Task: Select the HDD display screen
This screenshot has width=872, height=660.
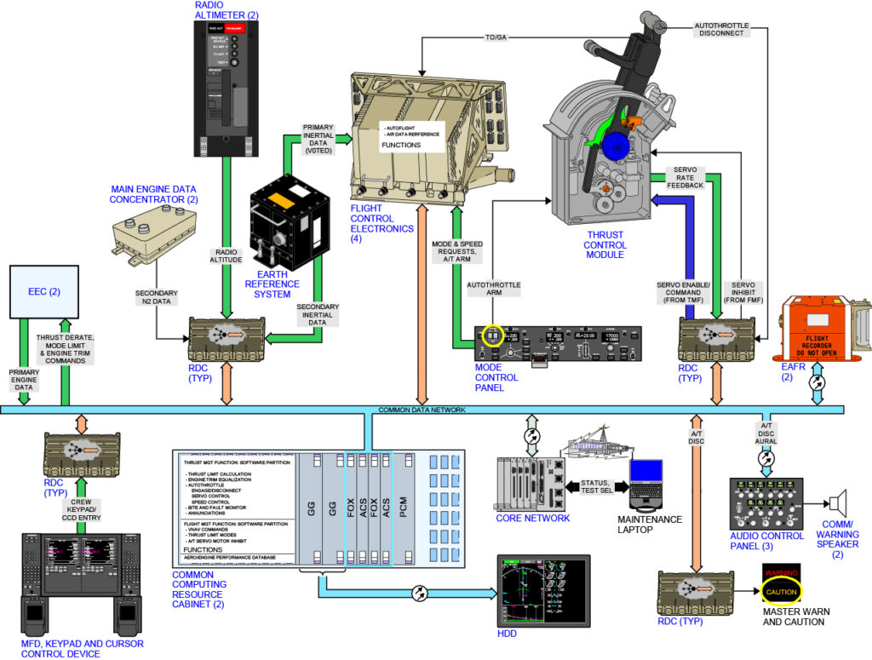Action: coord(542,592)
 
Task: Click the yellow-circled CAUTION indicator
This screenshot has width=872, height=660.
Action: coord(782,590)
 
